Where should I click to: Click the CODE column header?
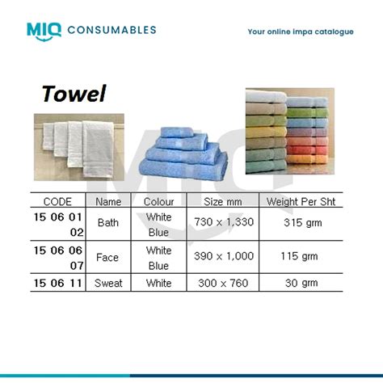coord(57,201)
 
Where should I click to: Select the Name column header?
coord(108,201)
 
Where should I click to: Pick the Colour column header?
coord(158,201)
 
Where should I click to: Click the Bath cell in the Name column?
coord(108,222)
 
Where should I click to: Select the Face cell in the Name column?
coord(108,258)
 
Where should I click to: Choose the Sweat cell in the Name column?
coord(108,284)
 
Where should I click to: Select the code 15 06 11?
coord(57,284)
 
